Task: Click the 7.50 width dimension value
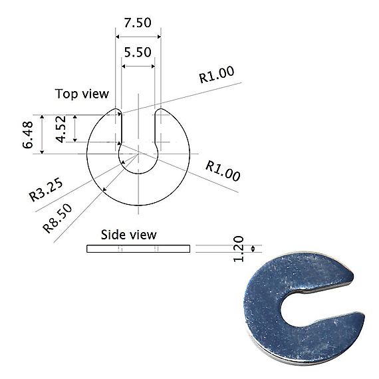pos(138,22)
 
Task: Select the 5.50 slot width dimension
pos(138,51)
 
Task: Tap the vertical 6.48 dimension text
pos(28,135)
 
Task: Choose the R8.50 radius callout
pos(58,216)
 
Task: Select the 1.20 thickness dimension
pos(241,249)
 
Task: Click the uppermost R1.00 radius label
pos(217,75)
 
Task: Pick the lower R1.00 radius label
pos(223,171)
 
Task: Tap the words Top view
pos(81,94)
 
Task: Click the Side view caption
pos(128,235)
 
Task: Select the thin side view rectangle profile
pos(138,249)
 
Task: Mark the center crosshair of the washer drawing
pos(138,154)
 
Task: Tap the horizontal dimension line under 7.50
pos(138,36)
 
